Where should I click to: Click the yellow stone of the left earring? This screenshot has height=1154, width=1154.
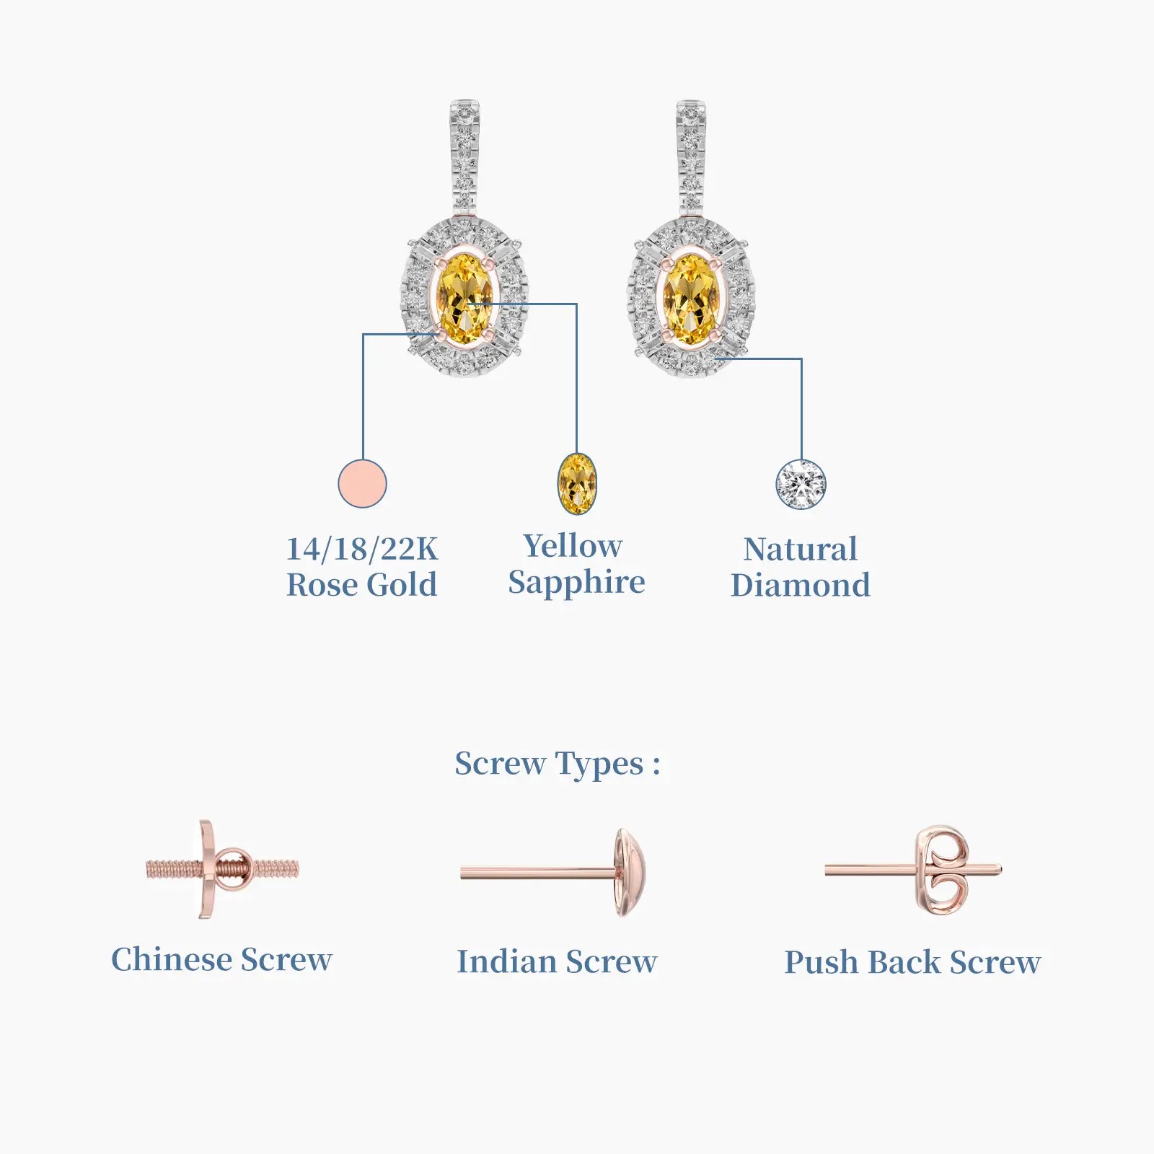pyautogui.click(x=465, y=299)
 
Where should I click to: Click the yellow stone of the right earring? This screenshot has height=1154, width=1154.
pyautogui.click(x=691, y=299)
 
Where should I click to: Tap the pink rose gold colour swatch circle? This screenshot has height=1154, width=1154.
pyautogui.click(x=362, y=483)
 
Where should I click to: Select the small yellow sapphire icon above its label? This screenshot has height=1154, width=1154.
pyautogui.click(x=577, y=483)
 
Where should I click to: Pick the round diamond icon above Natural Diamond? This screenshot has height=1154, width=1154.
pyautogui.click(x=801, y=484)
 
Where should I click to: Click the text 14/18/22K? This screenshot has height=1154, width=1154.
pyautogui.click(x=362, y=549)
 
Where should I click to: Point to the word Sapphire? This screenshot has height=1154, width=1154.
pyautogui.click(x=576, y=583)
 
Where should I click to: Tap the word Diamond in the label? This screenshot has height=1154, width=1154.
pyautogui.click(x=801, y=585)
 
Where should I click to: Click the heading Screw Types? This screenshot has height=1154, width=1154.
pyautogui.click(x=557, y=764)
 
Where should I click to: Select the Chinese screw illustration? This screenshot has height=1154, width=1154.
pyautogui.click(x=222, y=869)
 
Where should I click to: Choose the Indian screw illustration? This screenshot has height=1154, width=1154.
pyautogui.click(x=553, y=873)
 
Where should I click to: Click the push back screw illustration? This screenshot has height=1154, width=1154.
pyautogui.click(x=913, y=871)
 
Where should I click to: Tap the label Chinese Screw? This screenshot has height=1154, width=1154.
pyautogui.click(x=221, y=959)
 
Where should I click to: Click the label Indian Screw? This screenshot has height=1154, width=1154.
pyautogui.click(x=557, y=961)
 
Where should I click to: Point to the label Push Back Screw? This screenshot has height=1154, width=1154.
pyautogui.click(x=912, y=962)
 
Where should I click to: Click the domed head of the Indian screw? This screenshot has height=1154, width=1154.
pyautogui.click(x=630, y=873)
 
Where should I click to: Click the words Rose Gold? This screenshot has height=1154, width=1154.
pyautogui.click(x=362, y=585)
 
